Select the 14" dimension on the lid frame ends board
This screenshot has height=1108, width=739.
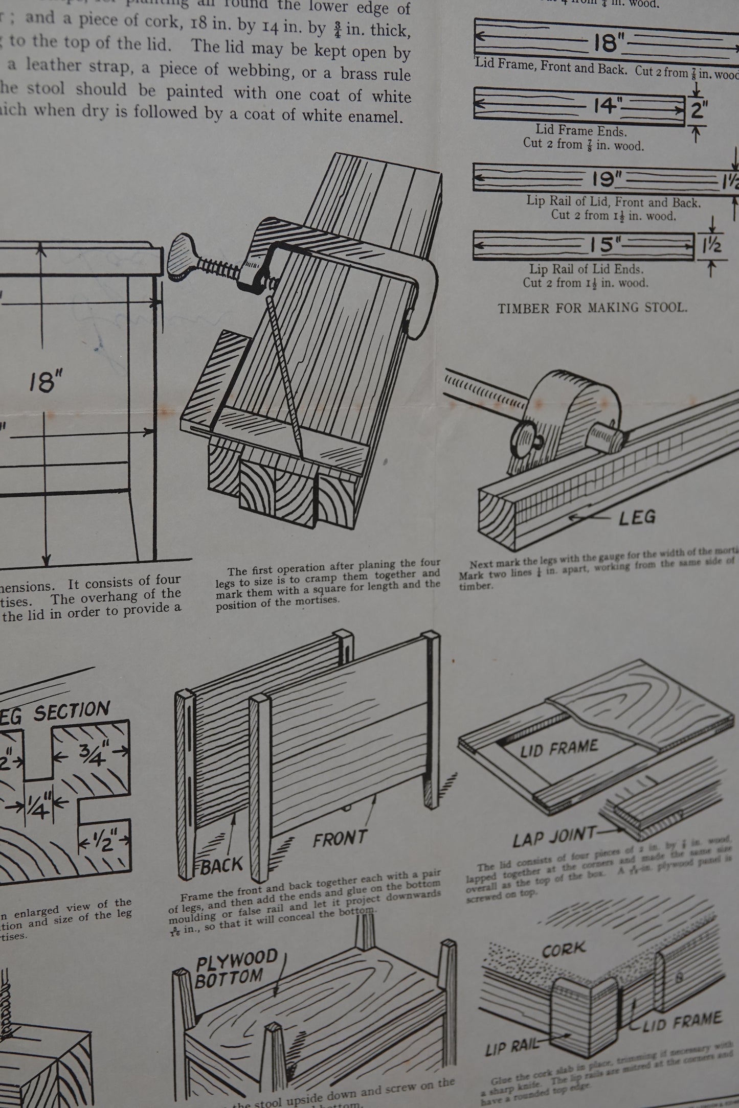click(x=607, y=106)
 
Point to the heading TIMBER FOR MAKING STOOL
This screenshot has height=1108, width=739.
click(x=593, y=308)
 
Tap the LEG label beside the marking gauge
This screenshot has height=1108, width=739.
click(x=637, y=517)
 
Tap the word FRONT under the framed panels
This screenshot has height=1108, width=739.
click(x=340, y=839)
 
